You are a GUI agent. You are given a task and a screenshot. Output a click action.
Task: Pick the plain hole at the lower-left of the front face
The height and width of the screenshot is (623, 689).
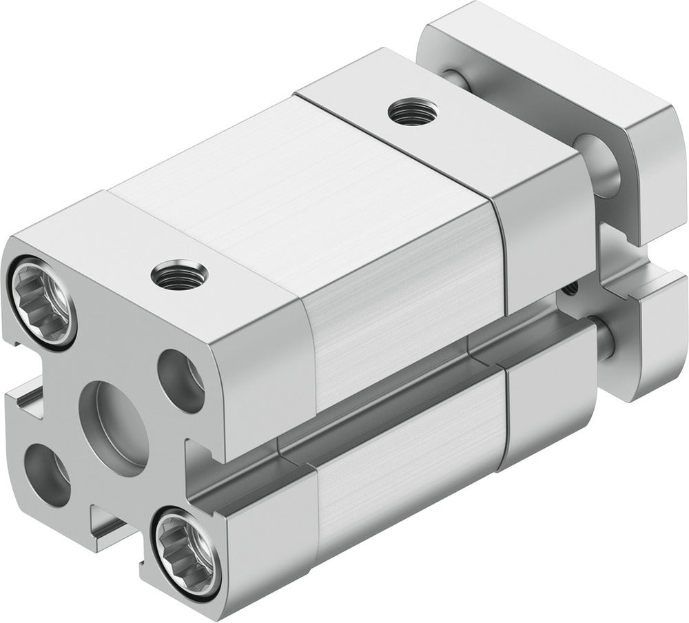pyautogui.click(x=48, y=476)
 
